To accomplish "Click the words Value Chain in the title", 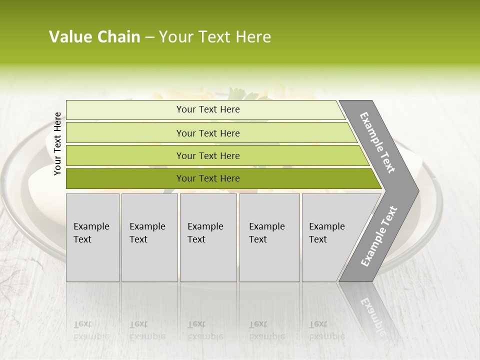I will pos(94,37).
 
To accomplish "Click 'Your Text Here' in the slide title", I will pos(215,37).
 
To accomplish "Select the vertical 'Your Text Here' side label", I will pos(57,144).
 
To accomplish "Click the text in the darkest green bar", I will pos(208,178).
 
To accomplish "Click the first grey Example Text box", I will pos(92,237).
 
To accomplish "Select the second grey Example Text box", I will pos(149,237).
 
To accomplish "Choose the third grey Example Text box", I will pos(208,237).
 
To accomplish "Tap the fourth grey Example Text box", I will pos(269,237).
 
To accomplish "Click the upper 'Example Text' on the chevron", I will pos(377,142).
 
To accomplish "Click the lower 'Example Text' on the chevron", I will pos(379,236).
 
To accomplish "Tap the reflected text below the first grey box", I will pos(91,330).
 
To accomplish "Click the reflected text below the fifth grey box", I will pos(326,330).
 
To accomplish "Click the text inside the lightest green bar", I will pos(208,109).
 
